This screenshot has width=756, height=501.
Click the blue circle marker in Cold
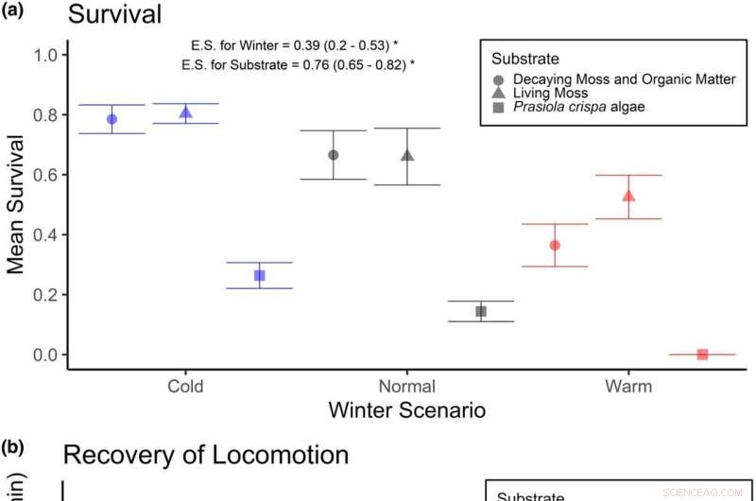(x=112, y=119)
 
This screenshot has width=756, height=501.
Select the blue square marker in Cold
(x=260, y=275)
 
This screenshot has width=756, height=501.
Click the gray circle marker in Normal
(x=333, y=155)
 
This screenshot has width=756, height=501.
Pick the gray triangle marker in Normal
(x=407, y=155)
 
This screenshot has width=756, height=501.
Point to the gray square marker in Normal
(x=481, y=311)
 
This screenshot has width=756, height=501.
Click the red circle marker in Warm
(x=555, y=245)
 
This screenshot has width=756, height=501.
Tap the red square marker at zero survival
(x=702, y=354)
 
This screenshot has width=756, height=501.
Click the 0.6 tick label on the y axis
(x=45, y=175)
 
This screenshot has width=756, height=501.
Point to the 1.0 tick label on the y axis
(x=45, y=55)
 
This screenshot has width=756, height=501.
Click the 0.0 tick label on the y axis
(x=45, y=354)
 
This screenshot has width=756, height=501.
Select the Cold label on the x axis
(x=185, y=386)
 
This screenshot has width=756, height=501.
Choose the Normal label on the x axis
(x=406, y=386)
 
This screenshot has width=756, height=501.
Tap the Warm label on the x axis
(x=628, y=386)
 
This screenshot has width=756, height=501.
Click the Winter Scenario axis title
(x=406, y=410)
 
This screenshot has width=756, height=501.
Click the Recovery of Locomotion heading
(x=205, y=455)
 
